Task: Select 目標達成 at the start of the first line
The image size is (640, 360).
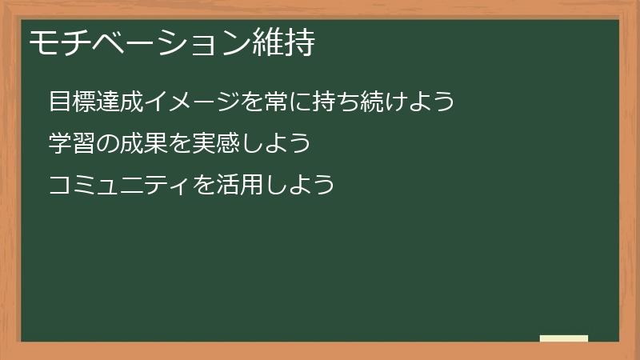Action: click(x=89, y=102)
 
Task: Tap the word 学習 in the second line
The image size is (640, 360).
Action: click(x=69, y=143)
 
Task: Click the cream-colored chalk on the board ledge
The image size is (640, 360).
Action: click(x=564, y=338)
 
